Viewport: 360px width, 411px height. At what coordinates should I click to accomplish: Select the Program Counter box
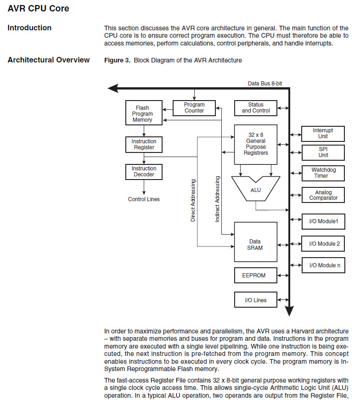(x=194, y=108)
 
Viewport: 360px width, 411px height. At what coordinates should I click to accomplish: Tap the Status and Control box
(x=256, y=108)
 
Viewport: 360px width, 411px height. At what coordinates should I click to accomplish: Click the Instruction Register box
(x=144, y=145)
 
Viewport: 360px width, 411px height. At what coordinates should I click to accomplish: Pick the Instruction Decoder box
(x=144, y=172)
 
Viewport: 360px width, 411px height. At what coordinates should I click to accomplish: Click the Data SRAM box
(x=256, y=244)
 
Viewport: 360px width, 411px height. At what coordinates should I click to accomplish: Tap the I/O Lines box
(x=256, y=300)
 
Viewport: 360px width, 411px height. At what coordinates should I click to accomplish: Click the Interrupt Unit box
(x=323, y=134)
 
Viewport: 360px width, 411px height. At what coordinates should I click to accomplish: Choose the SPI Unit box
(x=323, y=152)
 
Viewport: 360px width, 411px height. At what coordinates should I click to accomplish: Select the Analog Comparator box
(x=323, y=195)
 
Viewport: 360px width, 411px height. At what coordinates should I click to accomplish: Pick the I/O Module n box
(x=324, y=265)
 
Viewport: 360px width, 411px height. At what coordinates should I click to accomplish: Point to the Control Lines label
(x=144, y=199)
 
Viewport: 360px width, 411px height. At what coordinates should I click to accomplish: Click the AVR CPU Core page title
(x=39, y=8)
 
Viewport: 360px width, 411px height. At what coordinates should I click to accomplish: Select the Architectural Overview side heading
(x=49, y=60)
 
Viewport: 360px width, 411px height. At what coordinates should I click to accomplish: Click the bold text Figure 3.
(x=117, y=60)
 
